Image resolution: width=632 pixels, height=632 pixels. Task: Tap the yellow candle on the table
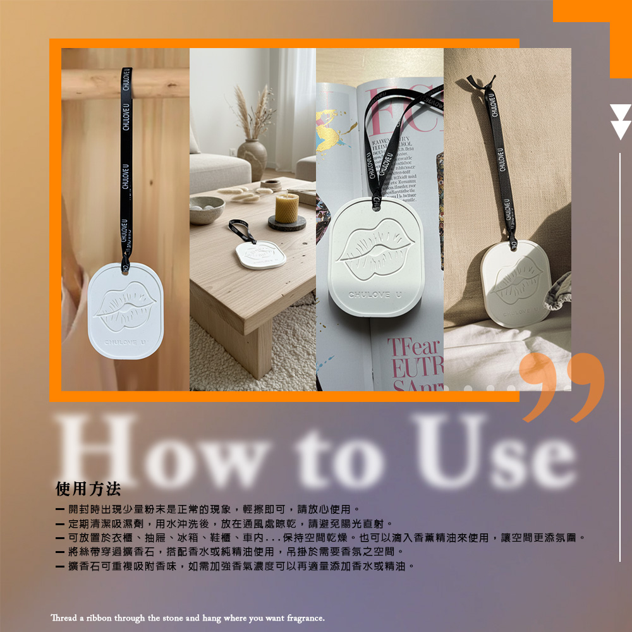click(286, 208)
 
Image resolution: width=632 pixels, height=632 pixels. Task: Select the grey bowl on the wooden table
click(207, 210)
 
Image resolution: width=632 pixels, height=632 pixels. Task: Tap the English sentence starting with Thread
click(188, 617)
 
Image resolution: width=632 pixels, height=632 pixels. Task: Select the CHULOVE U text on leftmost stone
click(125, 342)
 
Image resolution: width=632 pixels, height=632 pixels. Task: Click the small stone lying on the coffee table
click(260, 254)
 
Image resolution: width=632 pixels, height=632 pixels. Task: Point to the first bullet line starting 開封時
click(209, 509)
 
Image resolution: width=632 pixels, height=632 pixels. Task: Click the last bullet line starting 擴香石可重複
click(237, 566)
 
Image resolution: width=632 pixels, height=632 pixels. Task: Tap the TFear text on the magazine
click(414, 348)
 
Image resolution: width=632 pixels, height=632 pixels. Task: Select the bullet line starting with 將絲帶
click(231, 552)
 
